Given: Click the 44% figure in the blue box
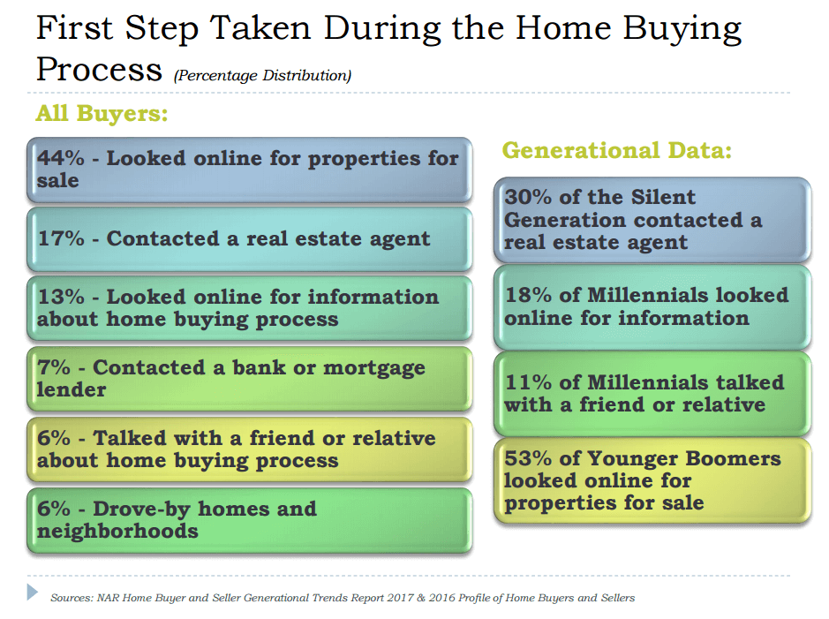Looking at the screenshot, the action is (60, 157).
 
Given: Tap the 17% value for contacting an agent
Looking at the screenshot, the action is (61, 238).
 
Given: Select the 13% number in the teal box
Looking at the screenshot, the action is (61, 297).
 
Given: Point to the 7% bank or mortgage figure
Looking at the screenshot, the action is (53, 366).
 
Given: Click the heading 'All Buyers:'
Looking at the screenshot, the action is (102, 113).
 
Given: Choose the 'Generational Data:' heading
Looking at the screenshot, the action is (617, 150).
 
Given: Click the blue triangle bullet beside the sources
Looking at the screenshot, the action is (33, 592).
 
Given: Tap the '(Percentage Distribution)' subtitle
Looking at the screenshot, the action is (263, 76).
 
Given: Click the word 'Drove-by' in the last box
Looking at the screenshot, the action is (141, 509).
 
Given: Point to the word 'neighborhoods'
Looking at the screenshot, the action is (117, 531).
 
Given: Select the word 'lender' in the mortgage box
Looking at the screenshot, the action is (72, 389).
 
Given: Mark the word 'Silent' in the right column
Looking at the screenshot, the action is (663, 197).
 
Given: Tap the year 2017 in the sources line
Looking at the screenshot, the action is (400, 597).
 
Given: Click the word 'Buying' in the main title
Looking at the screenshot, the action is (682, 30).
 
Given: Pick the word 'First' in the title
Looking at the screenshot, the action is (74, 27).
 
